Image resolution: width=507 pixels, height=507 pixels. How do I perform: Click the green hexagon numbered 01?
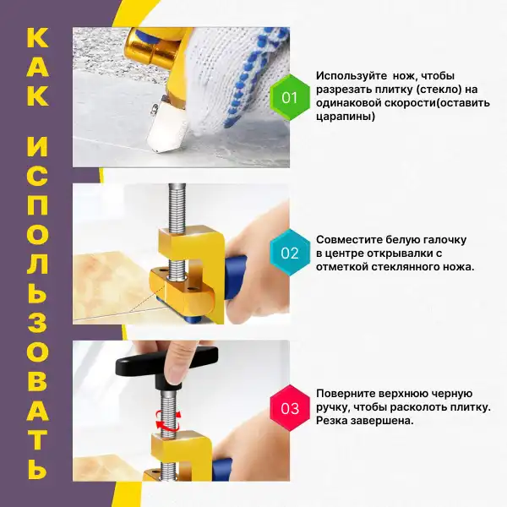[289, 97]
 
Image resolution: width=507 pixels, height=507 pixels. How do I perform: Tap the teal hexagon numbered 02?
[289, 253]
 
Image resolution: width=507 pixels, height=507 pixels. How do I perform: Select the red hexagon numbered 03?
[290, 408]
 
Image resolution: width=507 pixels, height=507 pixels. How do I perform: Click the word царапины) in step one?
[346, 116]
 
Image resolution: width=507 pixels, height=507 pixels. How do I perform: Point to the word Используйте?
[352, 76]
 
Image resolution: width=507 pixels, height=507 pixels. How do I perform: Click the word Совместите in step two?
[350, 240]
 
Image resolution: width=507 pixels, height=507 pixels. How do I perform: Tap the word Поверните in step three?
[345, 394]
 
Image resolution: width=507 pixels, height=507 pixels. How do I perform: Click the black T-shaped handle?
[166, 367]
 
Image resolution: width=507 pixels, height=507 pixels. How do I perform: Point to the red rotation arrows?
[167, 420]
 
